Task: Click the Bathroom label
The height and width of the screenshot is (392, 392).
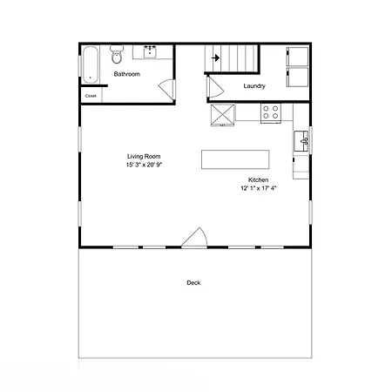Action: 127,74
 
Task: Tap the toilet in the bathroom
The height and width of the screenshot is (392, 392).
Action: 117,54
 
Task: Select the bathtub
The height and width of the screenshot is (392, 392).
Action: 91,64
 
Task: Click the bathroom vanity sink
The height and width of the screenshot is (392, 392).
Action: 150,51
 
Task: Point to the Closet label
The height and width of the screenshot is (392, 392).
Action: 91,96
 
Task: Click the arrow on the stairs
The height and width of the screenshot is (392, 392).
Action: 215,57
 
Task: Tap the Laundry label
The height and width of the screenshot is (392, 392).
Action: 254,86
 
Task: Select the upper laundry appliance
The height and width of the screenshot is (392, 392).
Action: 297,57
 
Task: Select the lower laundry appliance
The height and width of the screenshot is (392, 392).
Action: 297,77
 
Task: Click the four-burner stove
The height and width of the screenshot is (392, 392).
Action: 271,112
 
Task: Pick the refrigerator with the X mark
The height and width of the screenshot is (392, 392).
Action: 222,115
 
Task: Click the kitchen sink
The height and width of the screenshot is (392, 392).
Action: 301,141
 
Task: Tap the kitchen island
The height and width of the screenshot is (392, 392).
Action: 235,159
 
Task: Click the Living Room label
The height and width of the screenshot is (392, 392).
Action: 144,157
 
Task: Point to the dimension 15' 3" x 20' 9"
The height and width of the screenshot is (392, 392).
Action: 144,165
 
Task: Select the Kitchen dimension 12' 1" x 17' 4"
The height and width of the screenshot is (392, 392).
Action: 258,188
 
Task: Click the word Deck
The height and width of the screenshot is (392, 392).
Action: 193,282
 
